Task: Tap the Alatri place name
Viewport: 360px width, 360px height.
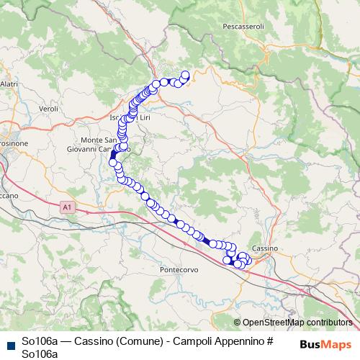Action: (x=9, y=84)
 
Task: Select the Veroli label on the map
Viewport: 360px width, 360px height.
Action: (x=48, y=108)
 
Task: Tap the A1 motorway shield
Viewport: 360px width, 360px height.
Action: (x=68, y=207)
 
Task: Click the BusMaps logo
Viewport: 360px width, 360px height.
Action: (x=325, y=344)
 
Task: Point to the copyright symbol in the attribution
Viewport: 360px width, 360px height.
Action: (x=238, y=323)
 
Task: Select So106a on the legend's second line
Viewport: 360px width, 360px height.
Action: (x=40, y=354)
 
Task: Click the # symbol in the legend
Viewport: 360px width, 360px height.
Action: (x=271, y=341)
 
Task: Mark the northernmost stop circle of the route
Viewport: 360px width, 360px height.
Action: (x=185, y=74)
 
